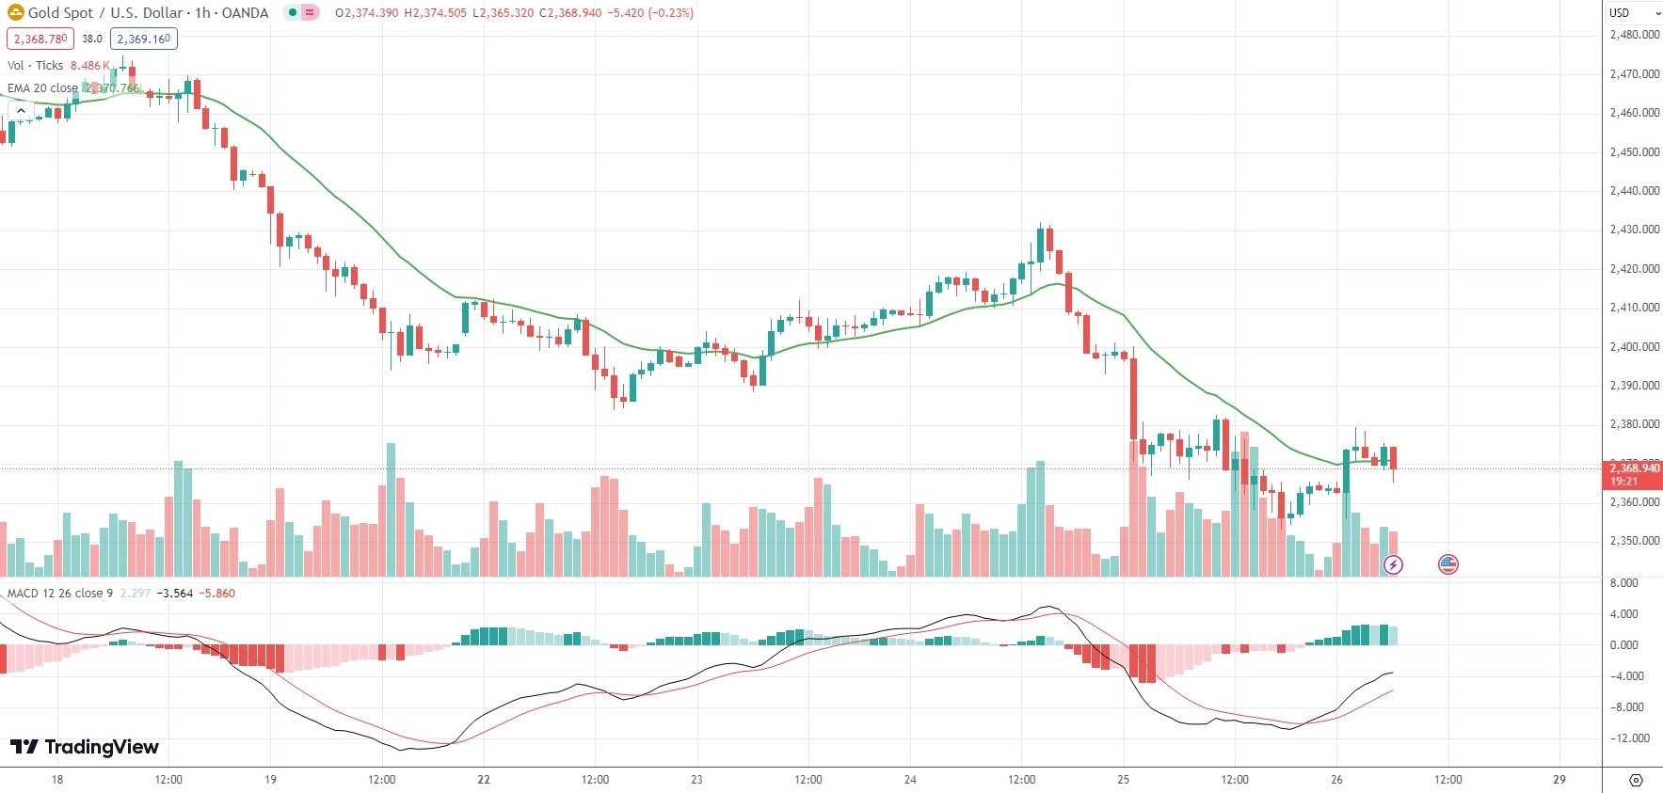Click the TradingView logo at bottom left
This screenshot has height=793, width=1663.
coord(85,747)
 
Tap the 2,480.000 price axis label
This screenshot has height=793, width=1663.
coord(1634,35)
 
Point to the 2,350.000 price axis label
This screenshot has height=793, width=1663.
coord(1634,541)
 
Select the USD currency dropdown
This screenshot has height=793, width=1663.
coord(1633,13)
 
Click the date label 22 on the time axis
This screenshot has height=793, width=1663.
coord(484,779)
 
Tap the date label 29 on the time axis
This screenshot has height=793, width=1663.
coord(1559,779)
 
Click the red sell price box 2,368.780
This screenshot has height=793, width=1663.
coord(40,39)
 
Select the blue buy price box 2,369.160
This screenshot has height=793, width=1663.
coord(143,39)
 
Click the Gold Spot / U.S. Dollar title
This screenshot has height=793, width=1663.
coord(148,13)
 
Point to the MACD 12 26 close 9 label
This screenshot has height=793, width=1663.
coord(60,594)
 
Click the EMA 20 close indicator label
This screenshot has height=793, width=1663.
coord(42,88)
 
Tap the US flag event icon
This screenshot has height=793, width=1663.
coord(1447,564)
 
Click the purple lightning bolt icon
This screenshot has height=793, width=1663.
coord(1393,564)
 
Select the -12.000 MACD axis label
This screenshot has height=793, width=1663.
coord(1630,738)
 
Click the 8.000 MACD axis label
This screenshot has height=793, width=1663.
coord(1623,583)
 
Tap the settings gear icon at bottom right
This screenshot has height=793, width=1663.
coord(1636,780)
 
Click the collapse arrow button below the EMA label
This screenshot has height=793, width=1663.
coord(20,111)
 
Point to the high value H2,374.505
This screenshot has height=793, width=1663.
coord(435,13)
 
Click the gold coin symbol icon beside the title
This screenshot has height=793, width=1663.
coord(15,13)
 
